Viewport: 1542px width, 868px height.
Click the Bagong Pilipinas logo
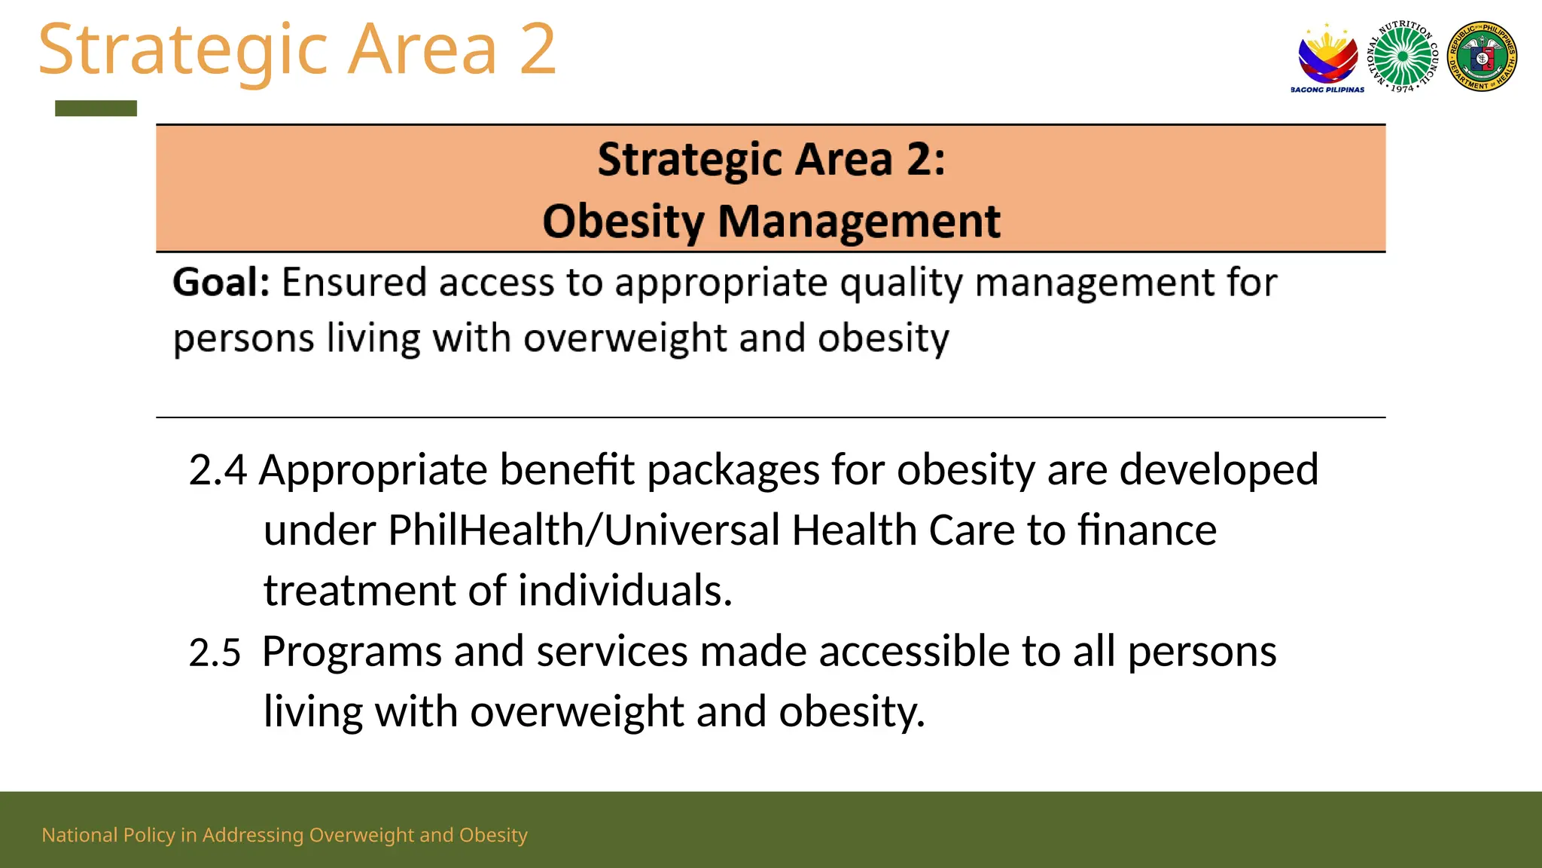1327,58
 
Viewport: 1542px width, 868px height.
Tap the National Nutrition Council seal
1403,57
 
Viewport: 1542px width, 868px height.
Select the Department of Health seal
1482,57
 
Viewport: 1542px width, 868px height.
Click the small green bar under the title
96,108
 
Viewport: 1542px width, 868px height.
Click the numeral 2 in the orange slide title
537,49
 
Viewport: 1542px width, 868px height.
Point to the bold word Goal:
221,283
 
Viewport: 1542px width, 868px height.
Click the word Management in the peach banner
858,222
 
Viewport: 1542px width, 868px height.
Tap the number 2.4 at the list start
218,469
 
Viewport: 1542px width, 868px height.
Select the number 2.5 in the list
215,653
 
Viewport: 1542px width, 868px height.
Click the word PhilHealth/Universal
584,530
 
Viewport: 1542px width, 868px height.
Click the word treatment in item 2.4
359,590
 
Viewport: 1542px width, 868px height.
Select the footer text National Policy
108,835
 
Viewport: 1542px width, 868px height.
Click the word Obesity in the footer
493,835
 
